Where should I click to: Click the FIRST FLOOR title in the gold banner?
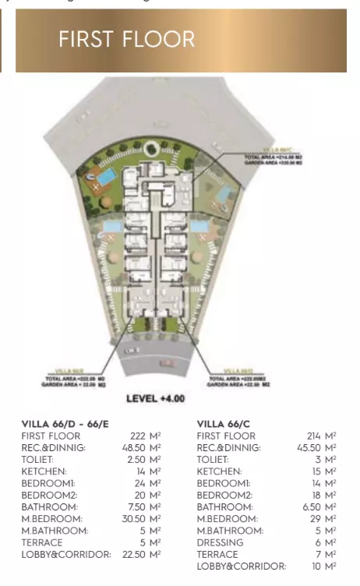pos(126,39)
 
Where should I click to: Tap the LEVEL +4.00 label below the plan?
pos(156,398)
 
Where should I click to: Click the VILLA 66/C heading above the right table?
pos(224,424)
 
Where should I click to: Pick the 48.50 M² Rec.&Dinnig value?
pos(140,448)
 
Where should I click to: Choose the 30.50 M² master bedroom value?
pos(140,518)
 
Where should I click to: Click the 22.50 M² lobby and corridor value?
pos(140,554)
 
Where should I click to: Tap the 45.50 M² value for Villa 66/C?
pos(316,448)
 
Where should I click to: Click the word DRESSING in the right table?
pos(220,542)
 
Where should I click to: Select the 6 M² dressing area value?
pos(326,542)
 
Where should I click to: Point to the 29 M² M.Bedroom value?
pos(324,518)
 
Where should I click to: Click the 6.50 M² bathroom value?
pos(319,507)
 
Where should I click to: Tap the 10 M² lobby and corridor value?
pos(324,566)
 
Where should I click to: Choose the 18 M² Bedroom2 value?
pos(324,495)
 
